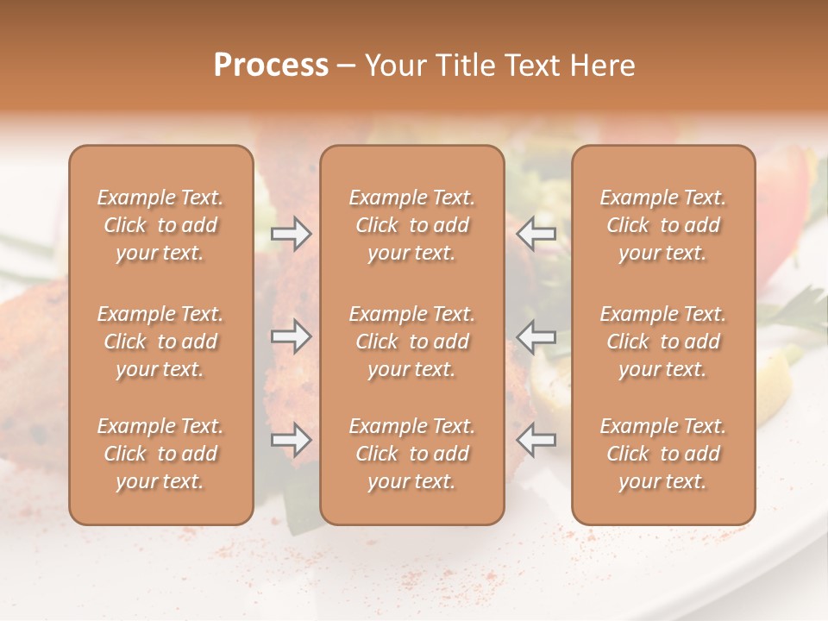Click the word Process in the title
(x=271, y=66)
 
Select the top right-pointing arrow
(x=291, y=234)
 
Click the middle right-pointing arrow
(x=291, y=336)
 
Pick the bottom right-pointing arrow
(x=291, y=441)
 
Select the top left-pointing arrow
(x=536, y=234)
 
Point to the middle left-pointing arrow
(x=536, y=336)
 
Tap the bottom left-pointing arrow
(x=536, y=441)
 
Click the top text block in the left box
(x=160, y=225)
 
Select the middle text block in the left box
(x=160, y=342)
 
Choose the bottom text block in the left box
(x=160, y=454)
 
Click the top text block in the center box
(x=411, y=225)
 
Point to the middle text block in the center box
(x=411, y=342)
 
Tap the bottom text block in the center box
(x=411, y=454)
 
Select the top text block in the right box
(x=663, y=225)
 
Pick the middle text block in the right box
(x=663, y=342)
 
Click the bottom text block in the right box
(x=663, y=454)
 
